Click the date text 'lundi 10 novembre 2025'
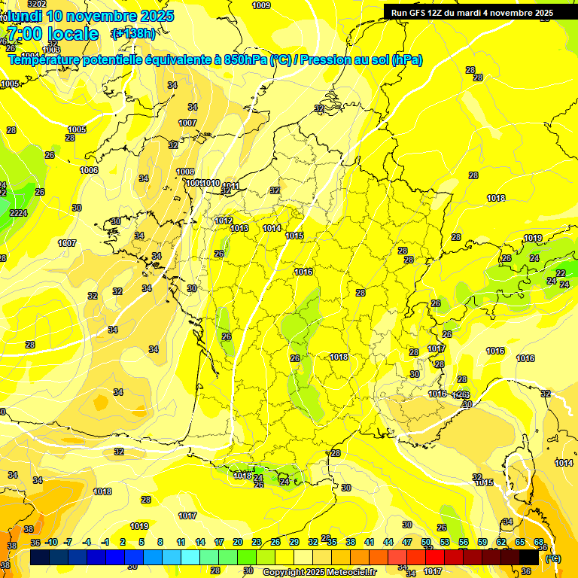coord(90,16)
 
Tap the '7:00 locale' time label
coord(52,34)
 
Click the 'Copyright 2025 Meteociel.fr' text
coord(319,572)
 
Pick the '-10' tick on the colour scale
coord(51,542)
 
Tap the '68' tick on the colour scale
coord(539,542)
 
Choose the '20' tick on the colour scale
coord(238,542)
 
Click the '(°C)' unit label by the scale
coord(553,558)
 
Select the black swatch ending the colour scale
coord(529,557)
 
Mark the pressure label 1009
coord(261,5)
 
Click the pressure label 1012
coord(223,221)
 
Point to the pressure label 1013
coord(239,228)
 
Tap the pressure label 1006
coord(89,170)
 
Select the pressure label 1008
coord(185,172)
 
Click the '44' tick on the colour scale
coord(388,542)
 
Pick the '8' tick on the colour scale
coord(160,542)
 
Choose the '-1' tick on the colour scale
coord(105,542)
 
